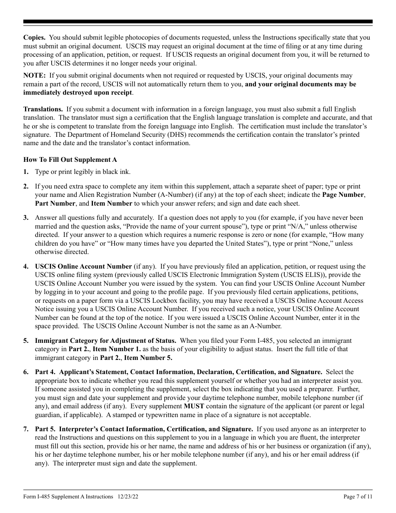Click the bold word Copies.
click(x=35, y=38)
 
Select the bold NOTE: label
click(x=35, y=75)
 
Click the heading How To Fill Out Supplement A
click(x=70, y=160)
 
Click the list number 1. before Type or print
click(x=26, y=172)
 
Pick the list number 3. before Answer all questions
click(x=26, y=218)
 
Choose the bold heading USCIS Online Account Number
click(x=83, y=267)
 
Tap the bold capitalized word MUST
click(x=194, y=406)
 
